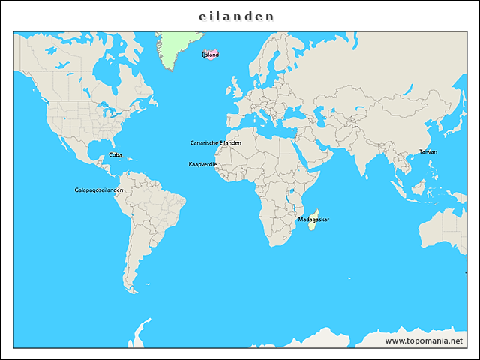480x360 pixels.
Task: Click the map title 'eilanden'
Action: click(x=236, y=16)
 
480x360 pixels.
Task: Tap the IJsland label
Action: click(x=211, y=55)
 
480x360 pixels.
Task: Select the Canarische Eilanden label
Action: click(x=216, y=142)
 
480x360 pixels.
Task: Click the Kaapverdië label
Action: click(x=202, y=163)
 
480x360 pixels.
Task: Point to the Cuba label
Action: click(x=115, y=154)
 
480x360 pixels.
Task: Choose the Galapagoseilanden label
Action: click(x=99, y=190)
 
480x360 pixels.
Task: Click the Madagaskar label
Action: click(x=313, y=220)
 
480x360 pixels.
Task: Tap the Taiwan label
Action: click(x=427, y=151)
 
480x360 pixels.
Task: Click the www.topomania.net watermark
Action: click(x=429, y=340)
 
